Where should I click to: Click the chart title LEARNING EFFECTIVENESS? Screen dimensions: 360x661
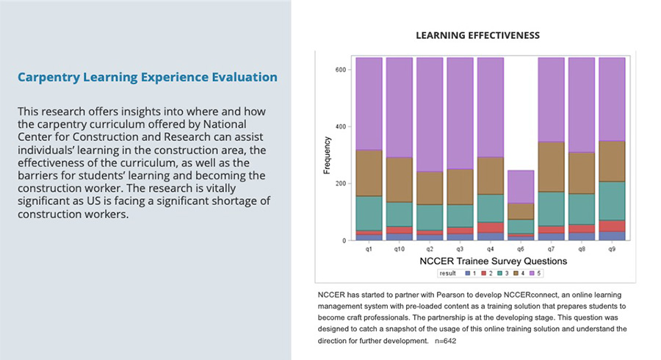pyautogui.click(x=477, y=35)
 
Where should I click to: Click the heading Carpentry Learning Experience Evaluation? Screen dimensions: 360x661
pyautogui.click(x=147, y=77)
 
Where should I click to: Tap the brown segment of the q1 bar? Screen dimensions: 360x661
pyautogui.click(x=368, y=173)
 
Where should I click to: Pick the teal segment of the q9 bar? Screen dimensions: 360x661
pyautogui.click(x=612, y=201)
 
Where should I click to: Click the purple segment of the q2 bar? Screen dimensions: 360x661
pyautogui.click(x=430, y=114)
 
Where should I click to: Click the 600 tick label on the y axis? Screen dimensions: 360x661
pyautogui.click(x=339, y=70)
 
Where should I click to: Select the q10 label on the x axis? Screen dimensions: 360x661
pyautogui.click(x=399, y=249)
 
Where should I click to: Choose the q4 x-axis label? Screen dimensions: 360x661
pyautogui.click(x=491, y=249)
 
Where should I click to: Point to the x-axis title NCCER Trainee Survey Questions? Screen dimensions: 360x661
pyautogui.click(x=493, y=261)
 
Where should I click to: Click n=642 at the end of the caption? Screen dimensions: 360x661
pyautogui.click(x=444, y=342)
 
